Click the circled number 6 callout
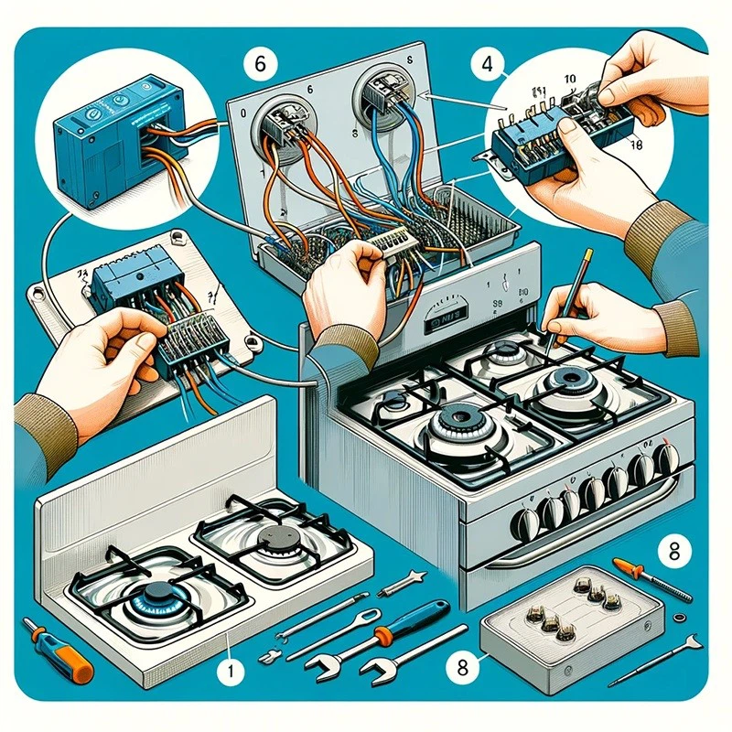(259, 64)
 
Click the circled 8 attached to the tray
(455, 666)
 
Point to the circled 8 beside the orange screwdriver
(673, 551)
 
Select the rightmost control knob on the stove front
(670, 456)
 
